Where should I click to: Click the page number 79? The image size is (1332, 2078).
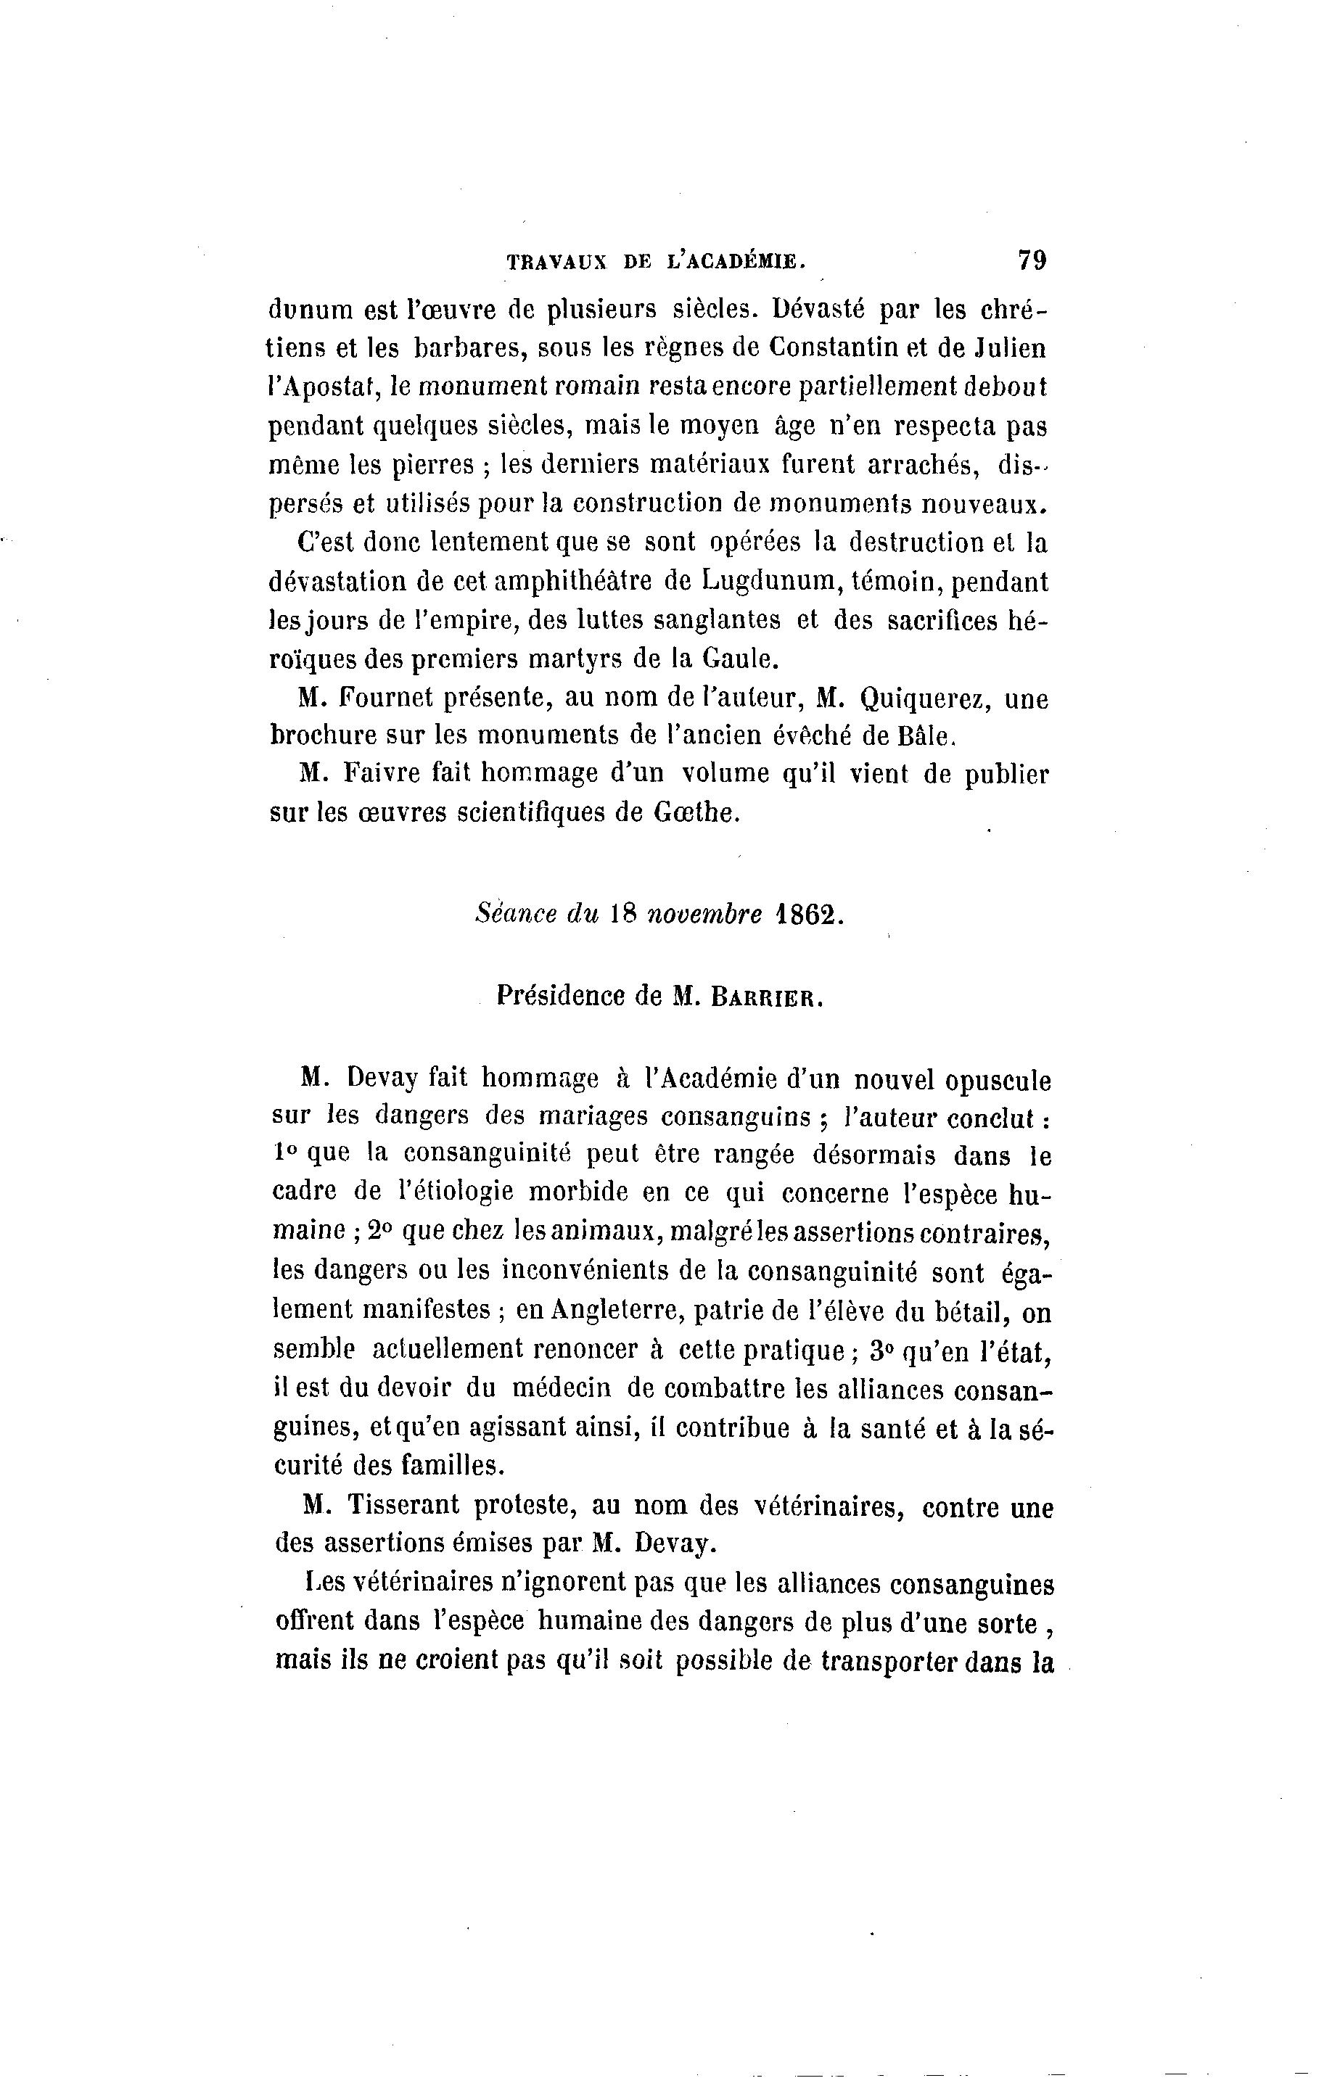1032,260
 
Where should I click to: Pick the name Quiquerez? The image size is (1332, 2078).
918,698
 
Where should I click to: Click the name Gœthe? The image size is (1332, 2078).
693,814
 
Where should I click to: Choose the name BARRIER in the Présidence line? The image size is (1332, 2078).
765,997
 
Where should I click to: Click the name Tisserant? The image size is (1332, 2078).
404,1506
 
